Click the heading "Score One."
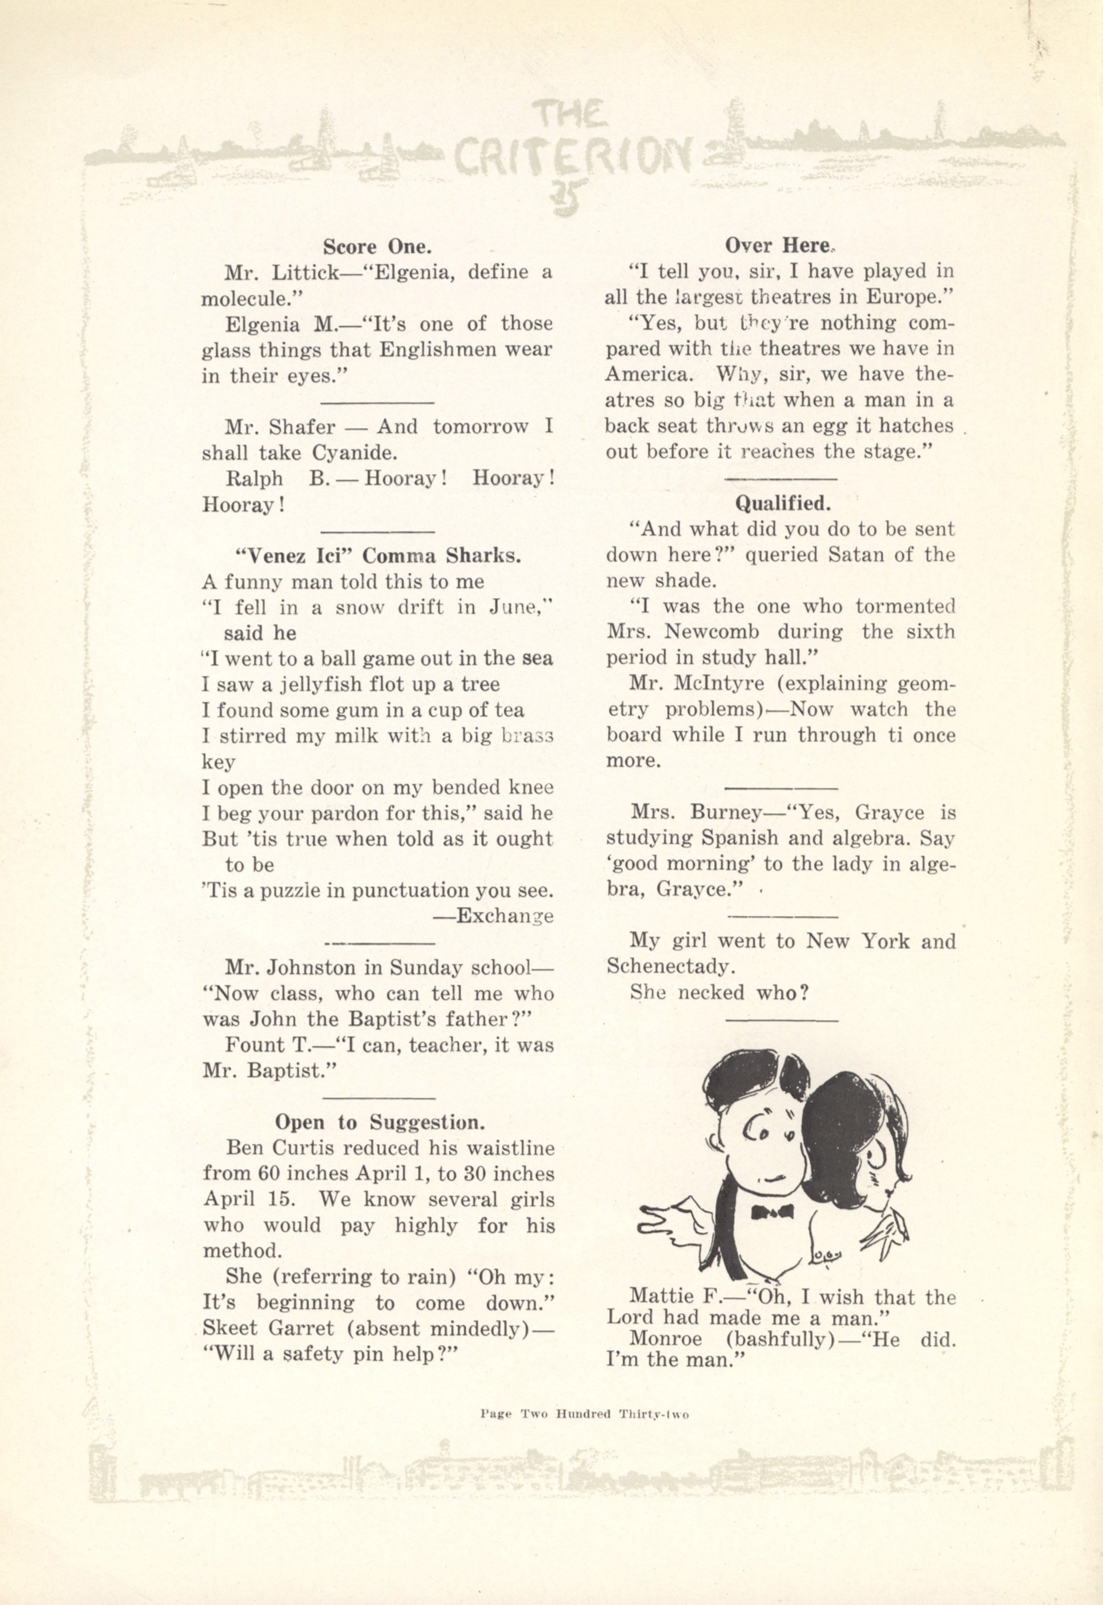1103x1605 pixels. tap(378, 246)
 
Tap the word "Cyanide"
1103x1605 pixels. tap(353, 453)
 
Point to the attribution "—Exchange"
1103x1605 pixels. tap(493, 916)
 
